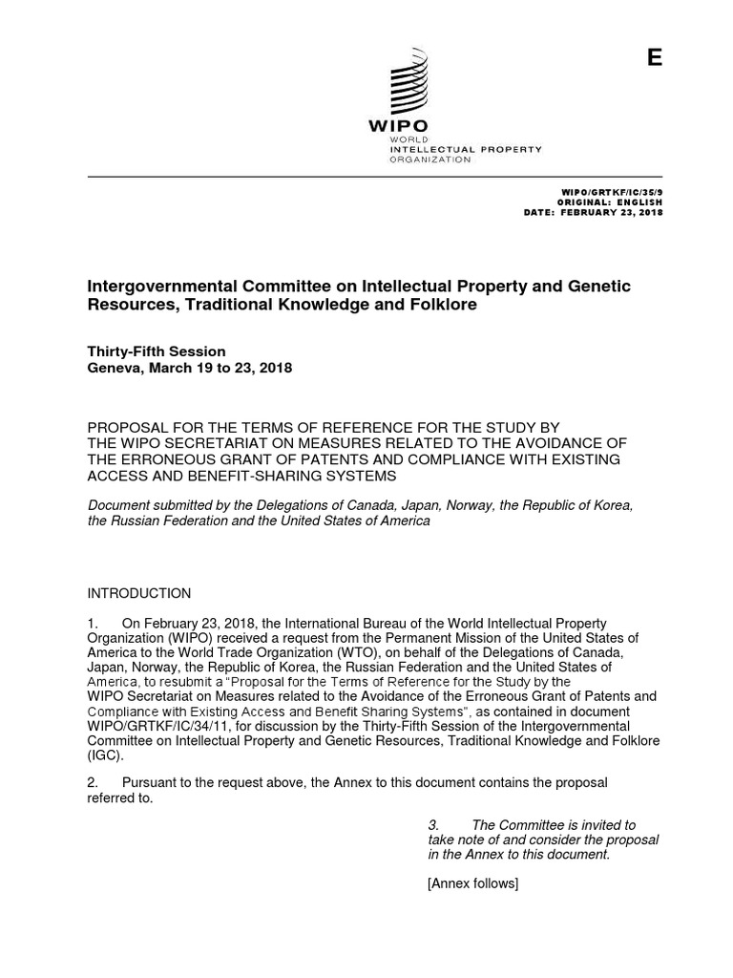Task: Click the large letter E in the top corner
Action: tap(654, 58)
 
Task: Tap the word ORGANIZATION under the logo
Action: tap(429, 159)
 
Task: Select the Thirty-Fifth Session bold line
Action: tap(157, 351)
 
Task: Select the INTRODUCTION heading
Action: tap(139, 593)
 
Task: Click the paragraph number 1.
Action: tap(93, 623)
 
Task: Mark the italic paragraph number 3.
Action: tap(432, 825)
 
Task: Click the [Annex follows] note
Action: tap(472, 884)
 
